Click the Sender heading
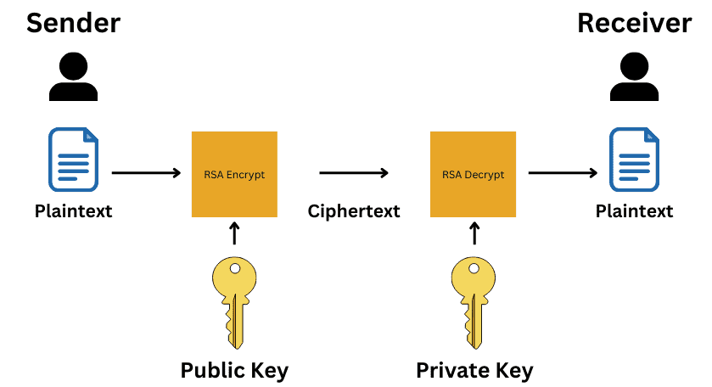coord(73,23)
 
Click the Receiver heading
coord(635,23)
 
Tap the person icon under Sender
coord(73,76)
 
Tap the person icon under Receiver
coord(634,76)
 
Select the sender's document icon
coord(73,160)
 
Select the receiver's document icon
coord(634,160)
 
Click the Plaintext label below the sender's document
coord(73,211)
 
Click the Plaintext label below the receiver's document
coord(635,211)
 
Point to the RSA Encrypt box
coord(234,175)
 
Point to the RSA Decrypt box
coord(474,175)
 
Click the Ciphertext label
coord(354,211)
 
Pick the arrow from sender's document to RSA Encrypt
coord(146,172)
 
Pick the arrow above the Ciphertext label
coord(354,172)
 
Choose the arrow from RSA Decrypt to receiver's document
coord(563,172)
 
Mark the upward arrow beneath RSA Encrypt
coord(234,233)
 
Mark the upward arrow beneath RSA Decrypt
coord(474,233)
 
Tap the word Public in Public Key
coord(212,370)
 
